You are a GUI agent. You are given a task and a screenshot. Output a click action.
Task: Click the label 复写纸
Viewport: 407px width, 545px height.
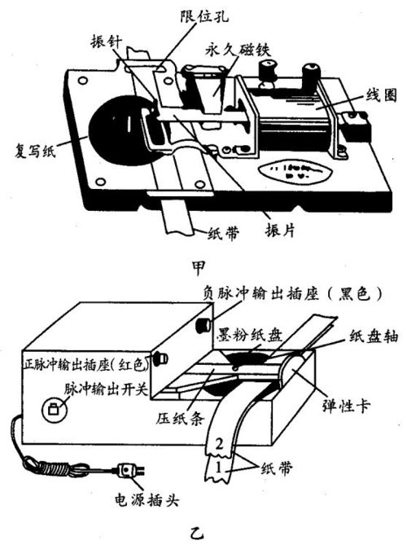(x=28, y=149)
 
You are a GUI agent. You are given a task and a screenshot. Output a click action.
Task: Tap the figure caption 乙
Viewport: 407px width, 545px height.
(x=194, y=534)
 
